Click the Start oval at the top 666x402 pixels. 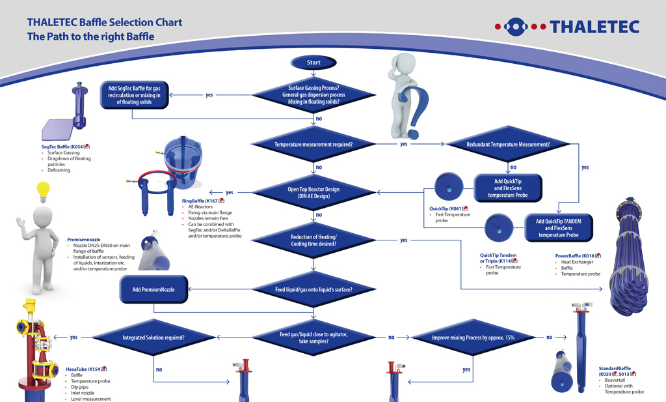(x=313, y=63)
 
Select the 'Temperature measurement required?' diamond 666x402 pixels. (x=313, y=143)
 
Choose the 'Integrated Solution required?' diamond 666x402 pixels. (x=153, y=337)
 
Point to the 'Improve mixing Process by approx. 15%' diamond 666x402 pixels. (x=472, y=337)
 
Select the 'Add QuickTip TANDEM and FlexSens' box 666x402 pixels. (x=559, y=227)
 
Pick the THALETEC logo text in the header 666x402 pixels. (x=594, y=27)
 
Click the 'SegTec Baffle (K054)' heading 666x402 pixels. (x=64, y=147)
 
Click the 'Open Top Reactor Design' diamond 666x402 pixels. (x=313, y=193)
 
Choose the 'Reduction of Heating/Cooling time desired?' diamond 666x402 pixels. (x=313, y=240)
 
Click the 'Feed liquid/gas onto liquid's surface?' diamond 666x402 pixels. (x=313, y=289)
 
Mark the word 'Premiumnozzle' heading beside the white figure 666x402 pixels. (x=84, y=240)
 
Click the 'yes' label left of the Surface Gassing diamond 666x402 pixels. (x=209, y=95)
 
